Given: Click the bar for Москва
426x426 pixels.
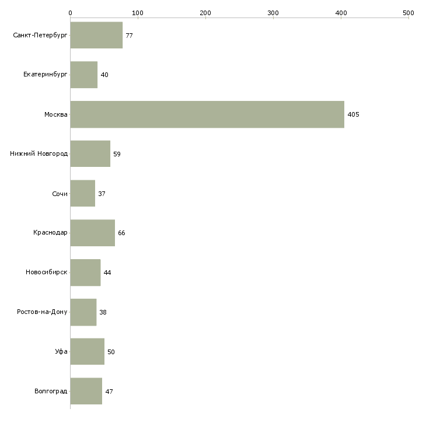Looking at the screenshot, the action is (x=207, y=114).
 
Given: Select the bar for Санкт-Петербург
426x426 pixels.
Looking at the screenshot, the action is (x=96, y=35).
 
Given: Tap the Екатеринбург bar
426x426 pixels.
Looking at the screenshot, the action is (x=84, y=75).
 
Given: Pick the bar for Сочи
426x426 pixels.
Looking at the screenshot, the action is (x=83, y=193).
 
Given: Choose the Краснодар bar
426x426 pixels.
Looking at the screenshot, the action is (x=93, y=233).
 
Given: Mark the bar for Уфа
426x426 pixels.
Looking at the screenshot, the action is (x=87, y=351).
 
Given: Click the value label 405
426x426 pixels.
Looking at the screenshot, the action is (x=353, y=114).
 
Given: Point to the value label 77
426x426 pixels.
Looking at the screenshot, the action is (x=129, y=36).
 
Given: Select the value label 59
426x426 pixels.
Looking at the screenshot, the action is (x=117, y=154).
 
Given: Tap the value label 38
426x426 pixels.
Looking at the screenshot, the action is (x=103, y=312).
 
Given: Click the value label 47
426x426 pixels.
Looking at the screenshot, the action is (x=109, y=392).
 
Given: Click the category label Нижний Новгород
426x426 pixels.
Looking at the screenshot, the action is (x=39, y=154).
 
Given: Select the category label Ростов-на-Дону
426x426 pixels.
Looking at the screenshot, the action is (x=42, y=312).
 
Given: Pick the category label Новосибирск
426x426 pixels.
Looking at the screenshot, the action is (x=47, y=272).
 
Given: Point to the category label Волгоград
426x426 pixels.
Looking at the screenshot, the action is (x=51, y=391).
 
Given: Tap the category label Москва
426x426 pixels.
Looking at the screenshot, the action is (x=55, y=114).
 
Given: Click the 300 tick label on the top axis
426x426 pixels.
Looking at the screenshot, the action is (x=273, y=13).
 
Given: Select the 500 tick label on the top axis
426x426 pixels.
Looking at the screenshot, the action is (x=408, y=13).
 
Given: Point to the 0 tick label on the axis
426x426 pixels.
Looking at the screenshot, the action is (x=71, y=13).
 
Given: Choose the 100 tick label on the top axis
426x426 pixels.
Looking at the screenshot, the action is (x=138, y=13).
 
